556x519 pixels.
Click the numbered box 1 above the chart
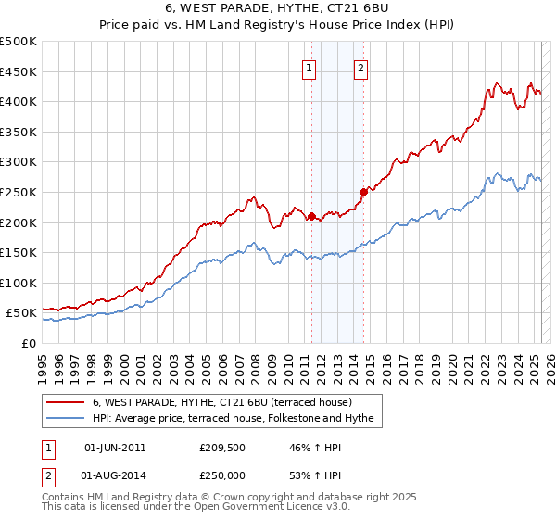(308, 67)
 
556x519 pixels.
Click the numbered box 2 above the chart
(360, 67)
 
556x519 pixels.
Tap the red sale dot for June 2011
(311, 217)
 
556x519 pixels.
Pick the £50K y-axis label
(21, 313)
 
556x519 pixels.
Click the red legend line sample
(65, 403)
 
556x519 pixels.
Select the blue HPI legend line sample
(65, 419)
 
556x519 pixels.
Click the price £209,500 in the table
(221, 448)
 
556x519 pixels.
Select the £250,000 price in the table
(221, 477)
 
